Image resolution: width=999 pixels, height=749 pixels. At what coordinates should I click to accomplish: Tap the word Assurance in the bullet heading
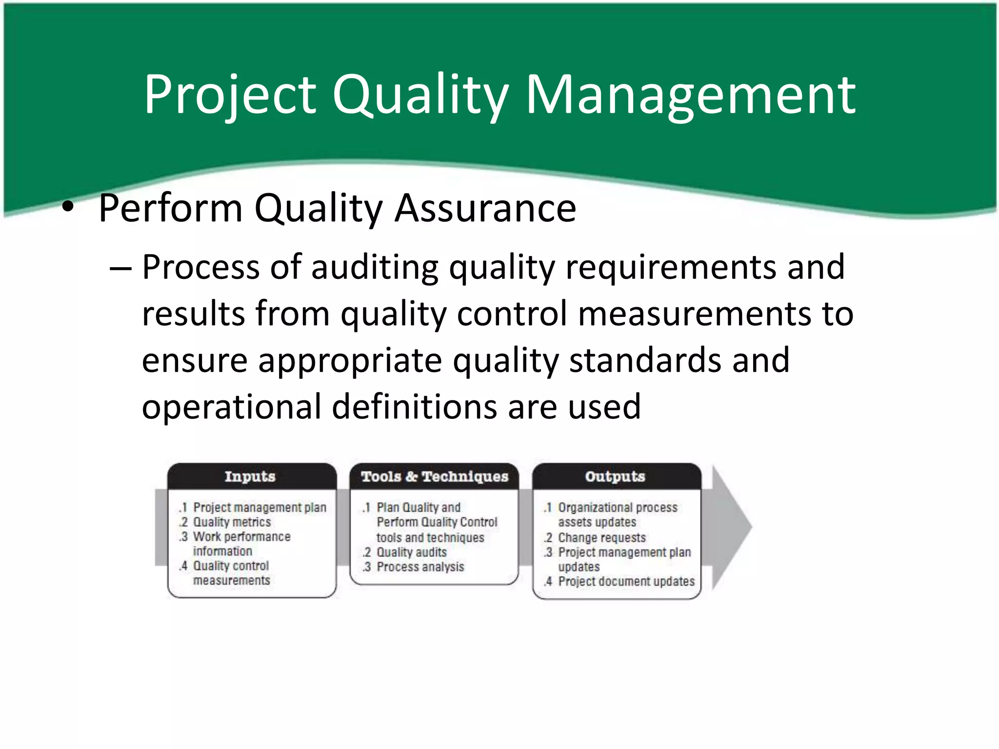point(485,208)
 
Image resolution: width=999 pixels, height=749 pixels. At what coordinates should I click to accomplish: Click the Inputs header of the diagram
point(250,476)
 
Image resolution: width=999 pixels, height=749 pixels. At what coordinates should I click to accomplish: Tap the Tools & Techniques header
point(435,476)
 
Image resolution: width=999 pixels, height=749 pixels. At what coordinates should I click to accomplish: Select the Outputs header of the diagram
point(615,476)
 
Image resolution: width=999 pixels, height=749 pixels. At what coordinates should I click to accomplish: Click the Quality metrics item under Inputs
point(232,522)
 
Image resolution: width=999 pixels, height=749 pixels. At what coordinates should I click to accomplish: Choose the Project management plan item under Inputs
point(260,508)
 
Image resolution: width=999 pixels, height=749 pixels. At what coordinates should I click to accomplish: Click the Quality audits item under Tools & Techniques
point(412,552)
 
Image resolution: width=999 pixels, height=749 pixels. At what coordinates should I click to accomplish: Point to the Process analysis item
point(420,567)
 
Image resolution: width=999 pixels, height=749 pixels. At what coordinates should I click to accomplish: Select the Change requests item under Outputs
point(602,538)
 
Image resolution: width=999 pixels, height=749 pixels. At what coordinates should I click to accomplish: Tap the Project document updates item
point(626,582)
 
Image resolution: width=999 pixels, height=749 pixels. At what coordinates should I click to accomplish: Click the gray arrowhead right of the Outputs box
point(732,527)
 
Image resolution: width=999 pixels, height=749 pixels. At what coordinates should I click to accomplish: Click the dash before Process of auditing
point(120,268)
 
